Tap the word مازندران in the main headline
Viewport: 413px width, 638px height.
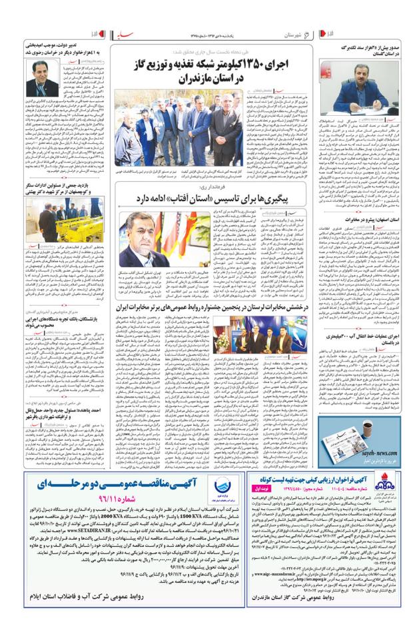199,78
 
